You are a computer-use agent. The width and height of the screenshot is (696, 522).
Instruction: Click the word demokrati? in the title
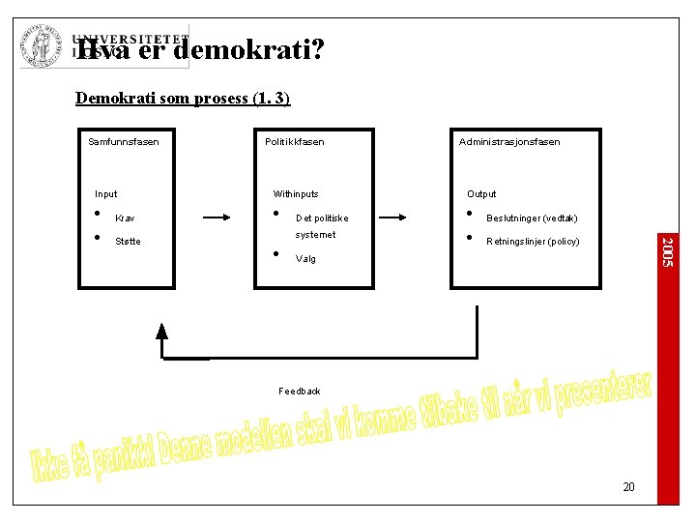pyautogui.click(x=255, y=49)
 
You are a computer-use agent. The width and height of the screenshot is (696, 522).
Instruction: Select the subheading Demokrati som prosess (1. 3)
pyautogui.click(x=183, y=99)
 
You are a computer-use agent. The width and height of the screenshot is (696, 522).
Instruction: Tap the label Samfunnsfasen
pyautogui.click(x=124, y=142)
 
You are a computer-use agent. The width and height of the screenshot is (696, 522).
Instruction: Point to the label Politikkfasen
pyautogui.click(x=295, y=142)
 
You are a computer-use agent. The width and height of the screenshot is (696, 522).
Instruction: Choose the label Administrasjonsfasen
pyautogui.click(x=509, y=142)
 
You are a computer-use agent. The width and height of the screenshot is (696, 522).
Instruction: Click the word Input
pyautogui.click(x=106, y=194)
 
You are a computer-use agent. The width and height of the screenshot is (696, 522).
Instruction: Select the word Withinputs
pyautogui.click(x=296, y=194)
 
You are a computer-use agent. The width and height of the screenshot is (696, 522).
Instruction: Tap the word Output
pyautogui.click(x=481, y=194)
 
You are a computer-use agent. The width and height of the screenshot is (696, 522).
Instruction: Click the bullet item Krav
pyautogui.click(x=125, y=218)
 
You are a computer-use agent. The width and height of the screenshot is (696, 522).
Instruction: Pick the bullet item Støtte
pyautogui.click(x=128, y=242)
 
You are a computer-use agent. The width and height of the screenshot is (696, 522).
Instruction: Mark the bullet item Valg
pyautogui.click(x=305, y=259)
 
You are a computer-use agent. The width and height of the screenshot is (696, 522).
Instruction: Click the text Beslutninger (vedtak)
pyautogui.click(x=532, y=218)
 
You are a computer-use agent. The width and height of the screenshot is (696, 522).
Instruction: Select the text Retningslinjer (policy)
pyautogui.click(x=533, y=242)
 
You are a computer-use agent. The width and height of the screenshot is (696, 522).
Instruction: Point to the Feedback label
pyautogui.click(x=300, y=391)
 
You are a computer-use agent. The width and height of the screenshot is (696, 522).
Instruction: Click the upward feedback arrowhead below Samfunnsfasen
pyautogui.click(x=162, y=333)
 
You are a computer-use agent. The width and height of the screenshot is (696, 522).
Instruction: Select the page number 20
pyautogui.click(x=628, y=487)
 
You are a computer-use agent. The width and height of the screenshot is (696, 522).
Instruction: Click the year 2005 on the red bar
pyautogui.click(x=667, y=252)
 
